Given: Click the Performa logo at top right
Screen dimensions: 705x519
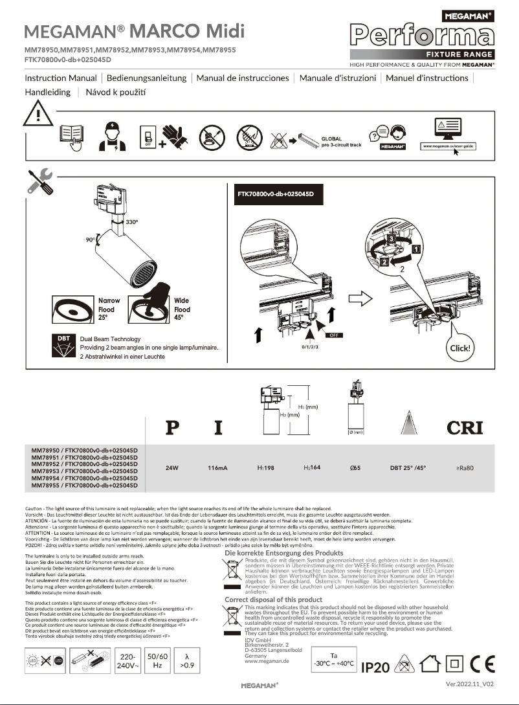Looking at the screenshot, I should pos(422,36).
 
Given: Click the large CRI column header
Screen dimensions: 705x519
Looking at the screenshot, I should pos(465,427).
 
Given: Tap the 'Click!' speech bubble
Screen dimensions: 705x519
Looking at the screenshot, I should pos(460,348).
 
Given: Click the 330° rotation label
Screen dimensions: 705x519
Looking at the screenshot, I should pos(131,222).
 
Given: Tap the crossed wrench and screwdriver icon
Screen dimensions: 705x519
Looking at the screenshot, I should pos(41,181).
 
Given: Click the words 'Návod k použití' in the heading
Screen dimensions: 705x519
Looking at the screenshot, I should pos(116,93).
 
